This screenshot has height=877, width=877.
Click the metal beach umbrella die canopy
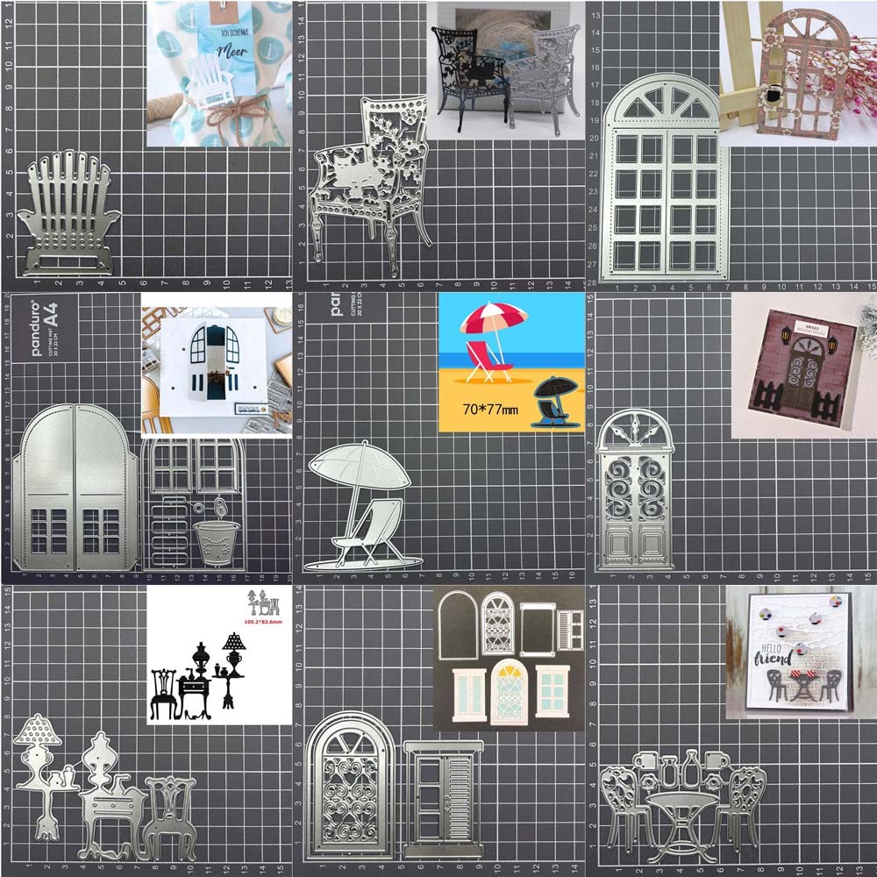(360, 465)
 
